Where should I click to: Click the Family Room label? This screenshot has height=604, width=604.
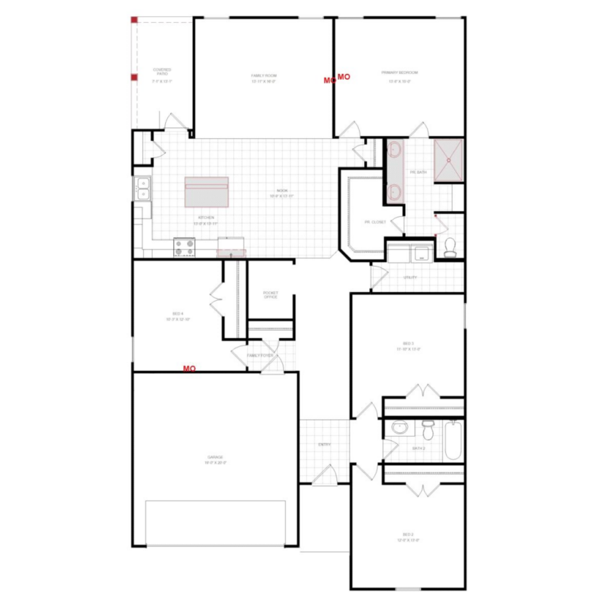[x=264, y=75]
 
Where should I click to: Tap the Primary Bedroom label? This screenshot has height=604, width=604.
[x=400, y=73]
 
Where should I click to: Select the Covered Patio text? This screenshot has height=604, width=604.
[x=162, y=72]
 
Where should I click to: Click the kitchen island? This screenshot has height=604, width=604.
[x=206, y=192]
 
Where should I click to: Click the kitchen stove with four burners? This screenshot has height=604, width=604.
[x=184, y=247]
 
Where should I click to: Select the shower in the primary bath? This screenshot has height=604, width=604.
[x=448, y=160]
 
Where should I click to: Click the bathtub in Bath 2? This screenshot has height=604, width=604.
[x=453, y=441]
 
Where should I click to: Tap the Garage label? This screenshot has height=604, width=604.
[x=215, y=457]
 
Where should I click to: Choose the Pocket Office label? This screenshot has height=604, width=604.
[x=271, y=295]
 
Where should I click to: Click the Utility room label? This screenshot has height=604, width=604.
[x=410, y=277]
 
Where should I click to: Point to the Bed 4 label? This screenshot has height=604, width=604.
[x=178, y=314]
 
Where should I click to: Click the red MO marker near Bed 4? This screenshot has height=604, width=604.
[x=189, y=368]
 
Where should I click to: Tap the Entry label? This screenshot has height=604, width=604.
[x=324, y=445]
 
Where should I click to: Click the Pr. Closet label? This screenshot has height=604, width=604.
[x=375, y=222]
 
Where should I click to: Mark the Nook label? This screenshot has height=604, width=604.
[x=282, y=191]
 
